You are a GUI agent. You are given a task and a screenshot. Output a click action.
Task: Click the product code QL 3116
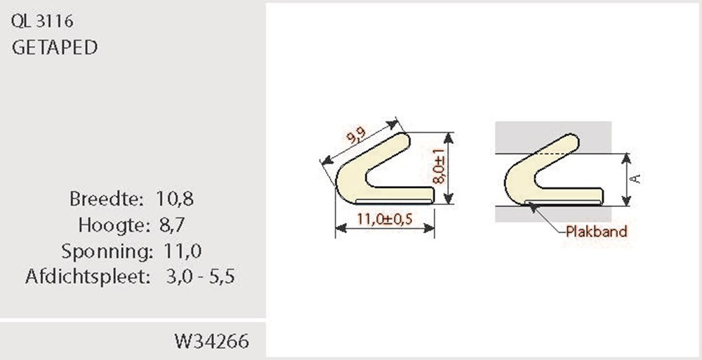coord(42,22)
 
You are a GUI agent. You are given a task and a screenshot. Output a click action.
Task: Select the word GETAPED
coord(55,48)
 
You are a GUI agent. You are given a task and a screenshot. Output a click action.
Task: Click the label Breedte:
coord(107,199)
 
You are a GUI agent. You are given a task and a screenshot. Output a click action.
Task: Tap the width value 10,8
coord(174,199)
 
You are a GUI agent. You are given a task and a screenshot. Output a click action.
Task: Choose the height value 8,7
coord(169,225)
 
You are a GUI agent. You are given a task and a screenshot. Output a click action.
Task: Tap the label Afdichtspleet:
coord(88,276)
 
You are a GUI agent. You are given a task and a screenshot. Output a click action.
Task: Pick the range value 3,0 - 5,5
coord(200,276)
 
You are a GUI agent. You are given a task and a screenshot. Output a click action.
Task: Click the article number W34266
coord(211,342)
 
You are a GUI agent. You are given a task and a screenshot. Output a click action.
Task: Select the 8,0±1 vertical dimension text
coord(439,166)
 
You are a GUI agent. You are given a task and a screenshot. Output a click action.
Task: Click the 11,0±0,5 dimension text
coord(385,219)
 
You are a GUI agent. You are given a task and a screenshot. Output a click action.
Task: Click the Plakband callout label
coord(596,232)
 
